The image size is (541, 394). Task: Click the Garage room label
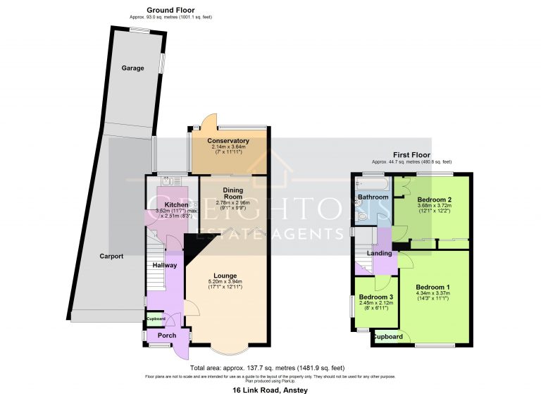click(132, 68)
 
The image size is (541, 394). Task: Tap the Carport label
click(111, 257)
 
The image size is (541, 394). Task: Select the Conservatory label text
click(228, 141)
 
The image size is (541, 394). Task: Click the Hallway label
click(165, 264)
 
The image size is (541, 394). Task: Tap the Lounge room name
click(225, 276)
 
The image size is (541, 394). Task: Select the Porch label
click(167, 335)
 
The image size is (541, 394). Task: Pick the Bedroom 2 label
click(434, 199)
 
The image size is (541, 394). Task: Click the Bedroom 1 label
click(433, 288)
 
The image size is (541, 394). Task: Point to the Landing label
click(379, 254)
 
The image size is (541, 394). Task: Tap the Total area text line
click(267, 368)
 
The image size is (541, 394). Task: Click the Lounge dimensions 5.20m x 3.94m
click(225, 282)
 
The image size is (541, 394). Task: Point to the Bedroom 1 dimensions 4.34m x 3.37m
click(433, 294)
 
